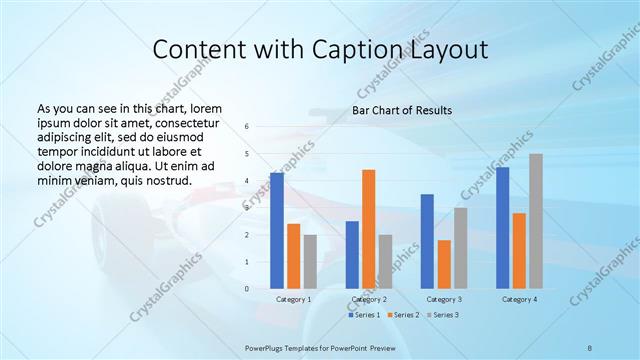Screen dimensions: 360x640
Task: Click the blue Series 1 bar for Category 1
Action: [x=277, y=231]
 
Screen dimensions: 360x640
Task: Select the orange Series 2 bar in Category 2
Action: [x=368, y=229]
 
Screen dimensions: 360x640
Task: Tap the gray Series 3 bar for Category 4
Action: [x=536, y=221]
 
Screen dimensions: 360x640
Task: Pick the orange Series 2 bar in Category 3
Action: [x=444, y=264]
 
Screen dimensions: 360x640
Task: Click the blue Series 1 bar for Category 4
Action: [x=502, y=228]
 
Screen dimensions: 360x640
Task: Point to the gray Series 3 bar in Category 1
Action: [x=310, y=262]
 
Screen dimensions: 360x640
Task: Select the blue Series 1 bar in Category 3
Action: [x=427, y=241]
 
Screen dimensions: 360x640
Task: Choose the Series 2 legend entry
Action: [x=405, y=315]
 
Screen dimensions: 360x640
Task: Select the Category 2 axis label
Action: [x=368, y=299]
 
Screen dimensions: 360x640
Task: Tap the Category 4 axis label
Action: [x=519, y=299]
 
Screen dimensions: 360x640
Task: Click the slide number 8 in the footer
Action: [x=590, y=346]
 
